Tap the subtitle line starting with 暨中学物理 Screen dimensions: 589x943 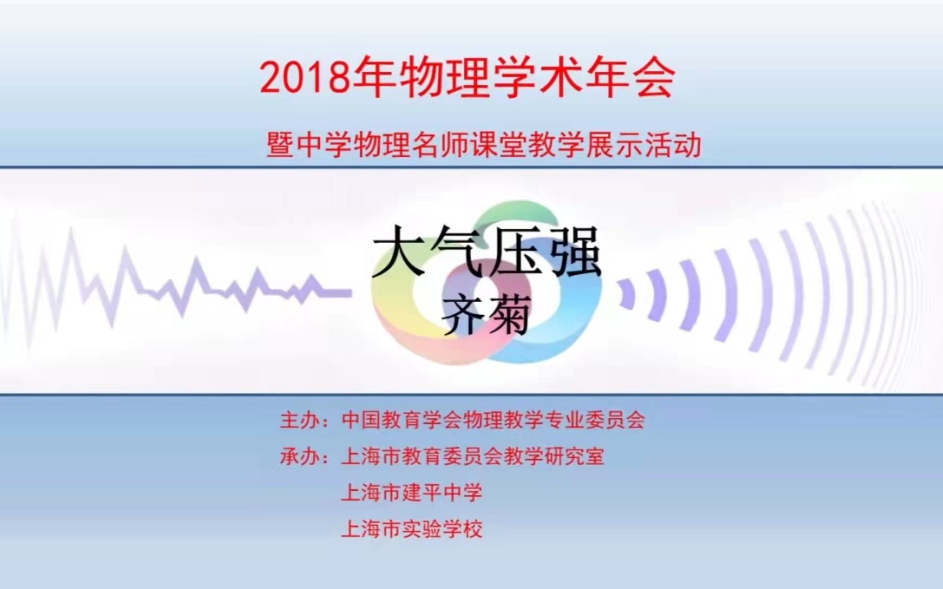point(484,146)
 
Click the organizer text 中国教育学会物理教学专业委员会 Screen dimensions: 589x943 point(493,420)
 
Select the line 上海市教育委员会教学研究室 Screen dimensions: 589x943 point(473,456)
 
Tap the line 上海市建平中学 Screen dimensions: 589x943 point(412,493)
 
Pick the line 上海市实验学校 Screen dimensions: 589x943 point(412,529)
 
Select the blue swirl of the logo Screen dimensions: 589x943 point(573,322)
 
